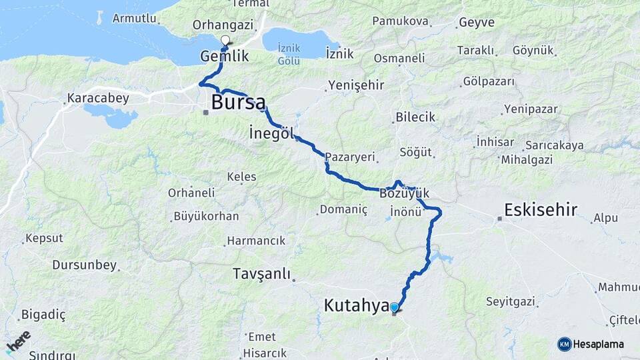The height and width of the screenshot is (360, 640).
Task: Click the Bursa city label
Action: pos(238,102)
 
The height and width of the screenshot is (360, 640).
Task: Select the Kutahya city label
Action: pos(356,306)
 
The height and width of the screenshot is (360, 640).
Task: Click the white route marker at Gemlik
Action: pos(225,40)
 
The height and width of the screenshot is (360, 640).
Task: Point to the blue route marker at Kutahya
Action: pos(395,307)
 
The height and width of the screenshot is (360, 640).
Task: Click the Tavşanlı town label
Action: pos(262,273)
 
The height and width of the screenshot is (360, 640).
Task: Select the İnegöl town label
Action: pos(271,133)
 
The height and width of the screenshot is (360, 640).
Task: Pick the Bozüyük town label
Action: pos(404,194)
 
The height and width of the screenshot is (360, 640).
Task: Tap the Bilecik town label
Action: pos(415,117)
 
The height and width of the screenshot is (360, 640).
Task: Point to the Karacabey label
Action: pos(97,98)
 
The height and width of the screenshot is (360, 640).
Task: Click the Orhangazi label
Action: pos(223,24)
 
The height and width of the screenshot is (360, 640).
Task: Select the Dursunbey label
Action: pos(84,265)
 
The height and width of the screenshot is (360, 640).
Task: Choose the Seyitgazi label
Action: pos(511,301)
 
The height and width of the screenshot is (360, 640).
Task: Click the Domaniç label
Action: pos(343,209)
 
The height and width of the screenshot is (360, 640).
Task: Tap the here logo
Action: pos(18,341)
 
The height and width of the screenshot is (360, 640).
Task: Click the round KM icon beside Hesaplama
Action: pos(565,344)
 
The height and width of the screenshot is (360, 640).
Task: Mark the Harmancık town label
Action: pos(256,240)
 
